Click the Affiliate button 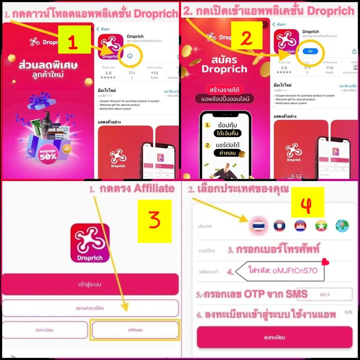pos(135,330)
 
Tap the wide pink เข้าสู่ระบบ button pos(90,284)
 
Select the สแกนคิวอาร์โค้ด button pos(90,308)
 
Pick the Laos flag pos(279,225)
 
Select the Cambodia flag pos(300,225)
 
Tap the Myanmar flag pos(321,225)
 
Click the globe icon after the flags pos(342,225)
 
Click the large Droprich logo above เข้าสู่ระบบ pos(90,243)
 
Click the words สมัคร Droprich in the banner pos(224,64)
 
